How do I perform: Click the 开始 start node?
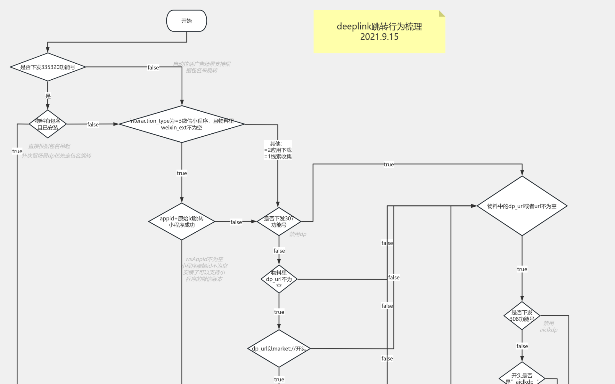click(186, 21)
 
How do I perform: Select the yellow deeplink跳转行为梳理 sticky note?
click(379, 32)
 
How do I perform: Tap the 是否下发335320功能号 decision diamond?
click(48, 67)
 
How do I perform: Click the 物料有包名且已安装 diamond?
click(48, 124)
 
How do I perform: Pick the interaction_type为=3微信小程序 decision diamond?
click(182, 124)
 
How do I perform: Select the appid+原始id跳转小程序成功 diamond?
click(182, 221)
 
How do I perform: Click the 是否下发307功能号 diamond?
click(279, 221)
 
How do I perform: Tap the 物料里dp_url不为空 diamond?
click(279, 279)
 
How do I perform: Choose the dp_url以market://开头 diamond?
click(279, 348)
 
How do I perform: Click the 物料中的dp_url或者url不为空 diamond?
click(522, 206)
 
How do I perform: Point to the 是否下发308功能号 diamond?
click(522, 316)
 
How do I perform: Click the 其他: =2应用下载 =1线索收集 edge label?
click(278, 150)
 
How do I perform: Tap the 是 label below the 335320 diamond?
click(48, 96)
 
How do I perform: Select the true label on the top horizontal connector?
click(389, 164)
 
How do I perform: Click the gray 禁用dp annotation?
click(298, 234)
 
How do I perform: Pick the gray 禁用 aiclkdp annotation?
click(548, 326)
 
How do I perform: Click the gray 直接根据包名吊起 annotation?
click(49, 146)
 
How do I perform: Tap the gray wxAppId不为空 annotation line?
click(204, 259)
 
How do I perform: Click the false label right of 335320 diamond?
click(153, 68)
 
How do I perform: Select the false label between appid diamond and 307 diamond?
click(236, 222)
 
